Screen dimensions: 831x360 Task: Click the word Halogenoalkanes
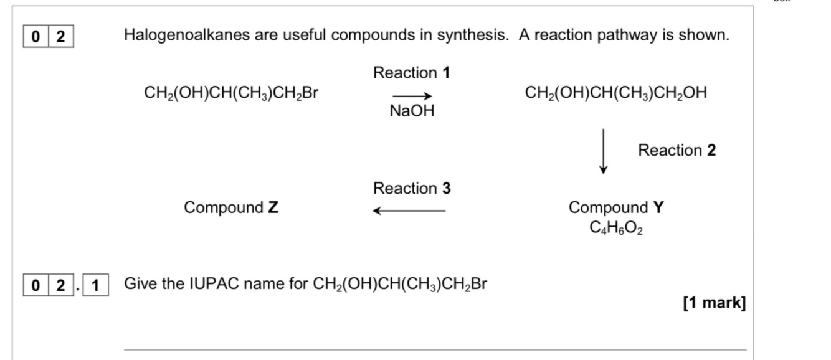[187, 36]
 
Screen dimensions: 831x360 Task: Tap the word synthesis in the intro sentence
[473, 36]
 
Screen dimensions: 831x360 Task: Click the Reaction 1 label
[411, 73]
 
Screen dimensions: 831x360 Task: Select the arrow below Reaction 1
[412, 96]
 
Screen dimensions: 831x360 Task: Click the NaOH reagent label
[412, 111]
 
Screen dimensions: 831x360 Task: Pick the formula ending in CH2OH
[615, 93]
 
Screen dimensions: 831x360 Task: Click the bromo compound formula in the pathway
[230, 93]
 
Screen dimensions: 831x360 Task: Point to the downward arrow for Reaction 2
[603, 151]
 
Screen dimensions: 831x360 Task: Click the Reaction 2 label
[677, 150]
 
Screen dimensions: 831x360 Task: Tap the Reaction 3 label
[412, 188]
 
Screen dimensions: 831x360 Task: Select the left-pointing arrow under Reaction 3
[409, 211]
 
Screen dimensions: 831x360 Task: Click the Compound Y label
[616, 207]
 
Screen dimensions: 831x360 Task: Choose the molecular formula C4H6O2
[616, 227]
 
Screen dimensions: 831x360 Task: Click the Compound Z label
[230, 207]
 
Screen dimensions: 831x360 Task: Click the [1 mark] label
[714, 303]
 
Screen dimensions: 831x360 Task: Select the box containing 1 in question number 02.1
[95, 285]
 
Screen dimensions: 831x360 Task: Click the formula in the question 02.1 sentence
[399, 284]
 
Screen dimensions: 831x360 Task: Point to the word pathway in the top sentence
[627, 36]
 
